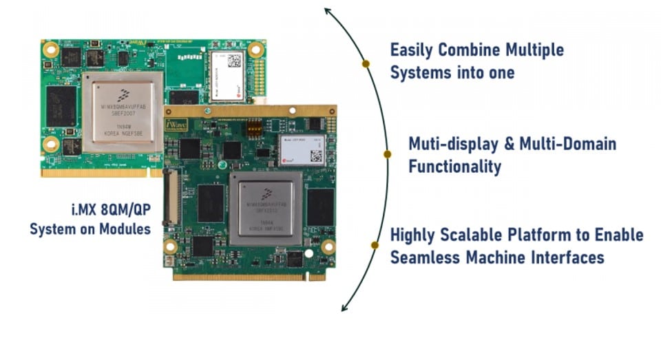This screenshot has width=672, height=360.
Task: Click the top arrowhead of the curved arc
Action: [328, 12]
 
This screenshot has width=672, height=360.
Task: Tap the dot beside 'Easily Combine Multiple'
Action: [366, 63]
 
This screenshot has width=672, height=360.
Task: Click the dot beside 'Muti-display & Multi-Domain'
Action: [387, 154]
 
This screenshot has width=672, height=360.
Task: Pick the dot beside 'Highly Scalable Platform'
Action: [375, 244]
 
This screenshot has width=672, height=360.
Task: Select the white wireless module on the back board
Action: [227, 69]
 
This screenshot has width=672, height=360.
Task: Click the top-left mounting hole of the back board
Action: [50, 50]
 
